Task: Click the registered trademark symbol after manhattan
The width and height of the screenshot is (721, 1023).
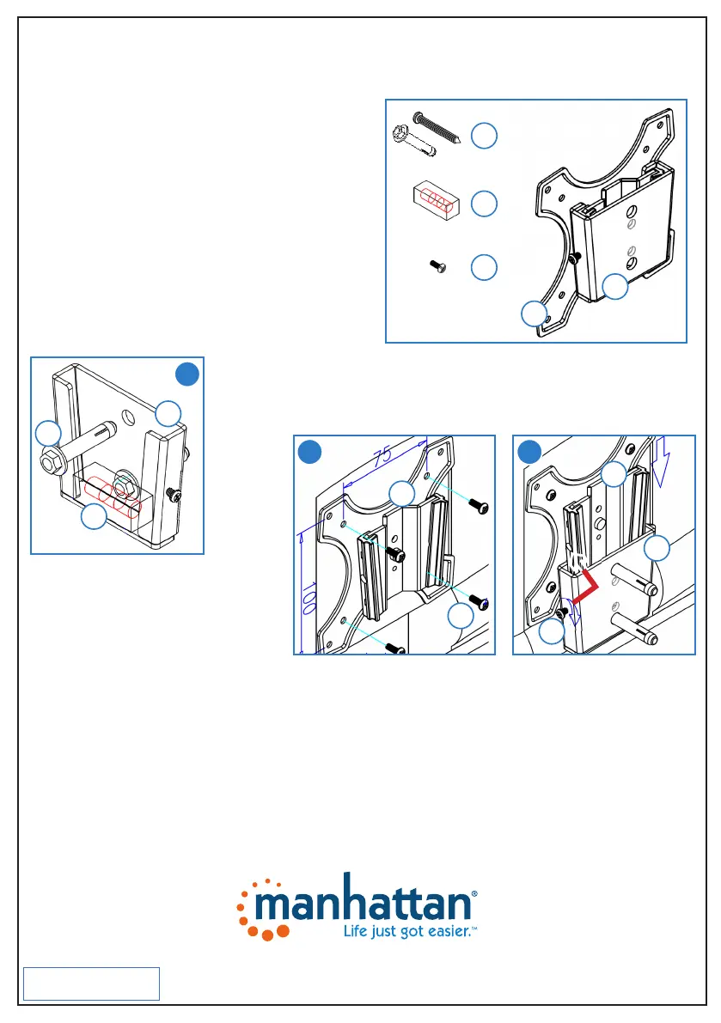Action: coord(474,894)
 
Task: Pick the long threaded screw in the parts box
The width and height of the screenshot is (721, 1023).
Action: coord(440,128)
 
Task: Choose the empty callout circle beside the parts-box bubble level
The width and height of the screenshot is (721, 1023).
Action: coord(485,204)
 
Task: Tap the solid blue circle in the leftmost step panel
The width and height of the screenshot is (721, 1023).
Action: coord(186,374)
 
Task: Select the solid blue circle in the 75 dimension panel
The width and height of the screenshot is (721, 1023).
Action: coord(309,452)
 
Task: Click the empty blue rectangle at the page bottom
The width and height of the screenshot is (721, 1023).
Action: coord(91,983)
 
